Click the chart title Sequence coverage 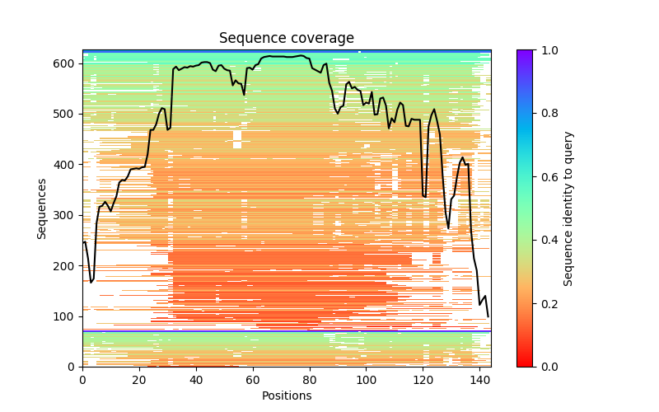(x=287, y=38)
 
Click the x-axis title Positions (x=287, y=396)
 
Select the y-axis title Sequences (x=42, y=208)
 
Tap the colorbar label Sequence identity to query (x=568, y=208)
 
